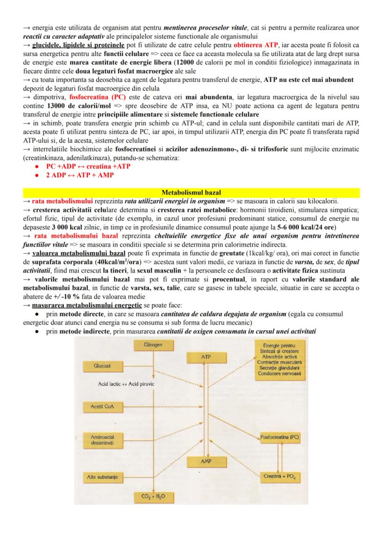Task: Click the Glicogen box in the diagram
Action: pos(149,345)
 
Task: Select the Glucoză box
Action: pos(101,366)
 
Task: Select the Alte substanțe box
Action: pos(102,476)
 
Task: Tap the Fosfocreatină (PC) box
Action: pos(279,436)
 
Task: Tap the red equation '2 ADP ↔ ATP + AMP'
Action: pos(80,175)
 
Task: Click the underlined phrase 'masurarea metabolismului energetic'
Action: pos(87,306)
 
